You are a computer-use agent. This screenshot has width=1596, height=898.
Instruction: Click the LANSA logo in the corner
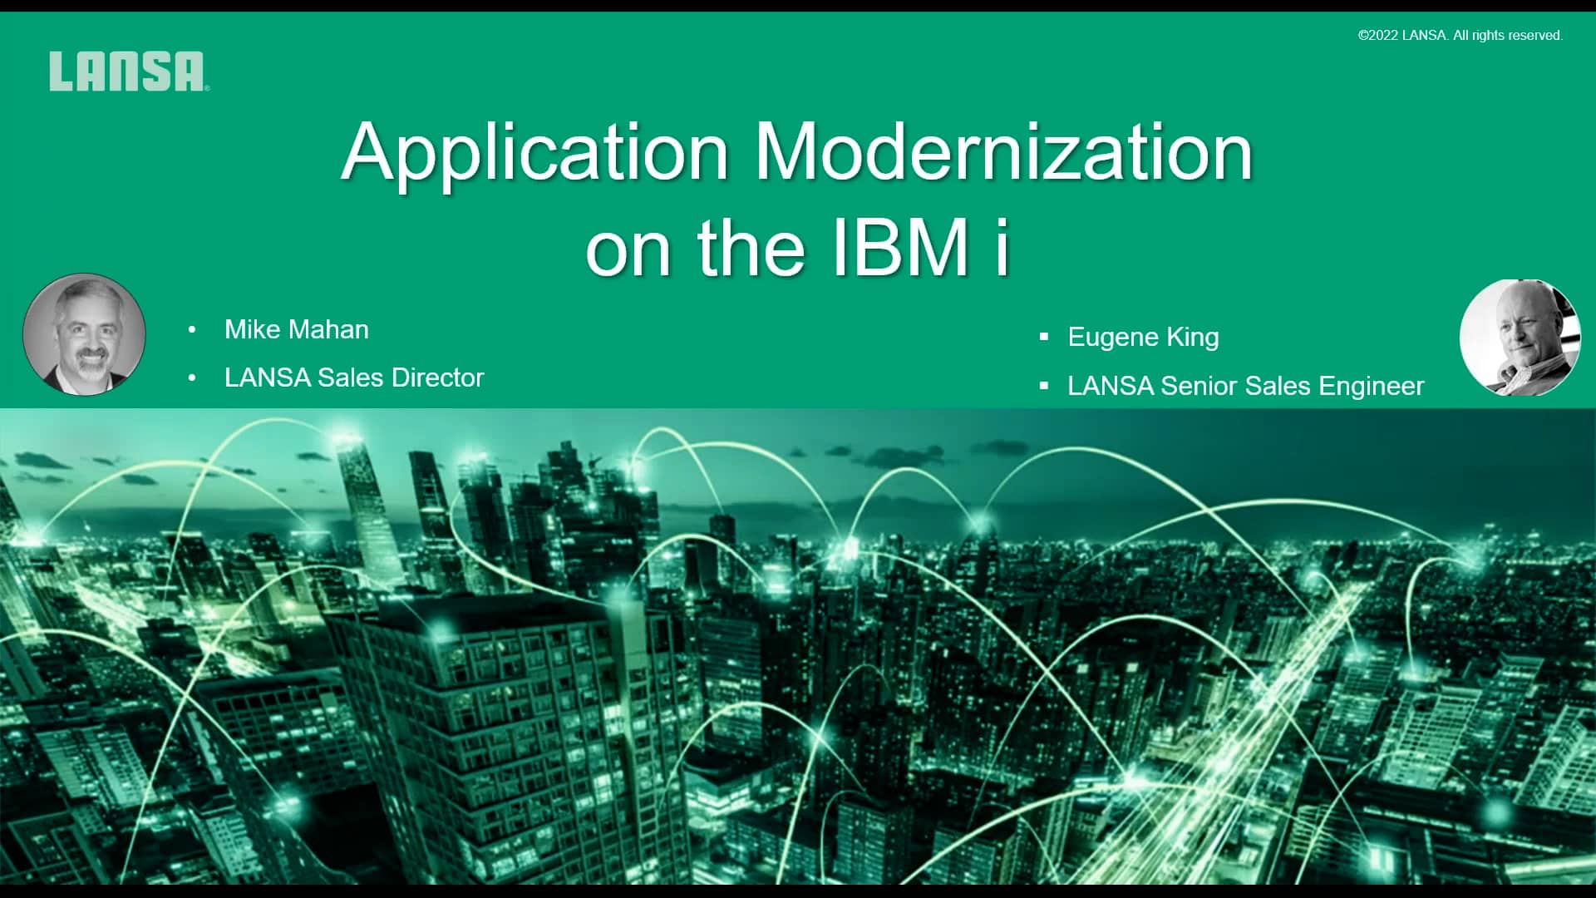point(128,72)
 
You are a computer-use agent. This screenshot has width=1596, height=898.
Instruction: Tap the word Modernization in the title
point(1002,152)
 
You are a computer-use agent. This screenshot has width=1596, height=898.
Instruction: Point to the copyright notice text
point(1460,36)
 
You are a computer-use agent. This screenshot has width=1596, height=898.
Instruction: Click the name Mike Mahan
point(296,329)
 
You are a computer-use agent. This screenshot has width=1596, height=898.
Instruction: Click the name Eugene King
point(1143,337)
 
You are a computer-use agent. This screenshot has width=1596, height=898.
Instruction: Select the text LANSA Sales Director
point(353,377)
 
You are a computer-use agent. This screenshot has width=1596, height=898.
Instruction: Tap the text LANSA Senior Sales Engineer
point(1245,386)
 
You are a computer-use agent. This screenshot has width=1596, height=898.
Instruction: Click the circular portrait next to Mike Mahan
point(84,334)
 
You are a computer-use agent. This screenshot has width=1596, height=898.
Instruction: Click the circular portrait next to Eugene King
point(1520,338)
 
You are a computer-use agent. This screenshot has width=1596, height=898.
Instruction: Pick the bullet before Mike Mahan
point(192,330)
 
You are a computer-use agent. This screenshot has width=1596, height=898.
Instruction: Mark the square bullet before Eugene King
point(1044,338)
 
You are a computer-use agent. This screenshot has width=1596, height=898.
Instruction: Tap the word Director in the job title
point(437,377)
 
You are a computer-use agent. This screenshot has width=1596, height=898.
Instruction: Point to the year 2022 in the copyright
point(1382,36)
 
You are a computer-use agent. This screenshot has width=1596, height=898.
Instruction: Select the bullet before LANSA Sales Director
point(192,378)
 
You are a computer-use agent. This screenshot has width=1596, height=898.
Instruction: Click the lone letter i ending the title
point(1002,248)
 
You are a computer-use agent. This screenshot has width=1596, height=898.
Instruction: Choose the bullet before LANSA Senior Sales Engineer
point(1044,387)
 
